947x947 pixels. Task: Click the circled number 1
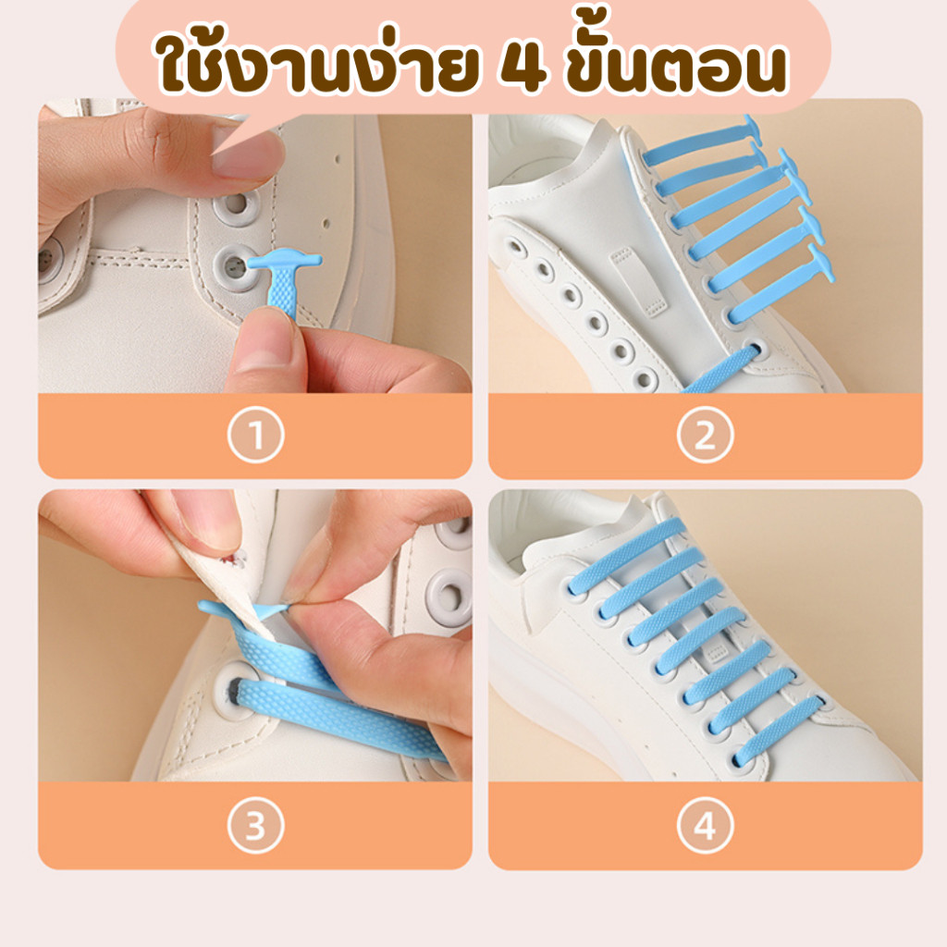click(x=255, y=435)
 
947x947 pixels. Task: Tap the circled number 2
click(x=705, y=435)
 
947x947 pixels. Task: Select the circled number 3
click(x=255, y=826)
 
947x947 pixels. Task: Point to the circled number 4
click(x=705, y=826)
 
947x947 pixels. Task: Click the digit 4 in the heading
click(x=523, y=68)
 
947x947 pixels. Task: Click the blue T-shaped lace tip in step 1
click(x=284, y=284)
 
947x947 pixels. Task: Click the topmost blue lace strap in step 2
click(x=701, y=145)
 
